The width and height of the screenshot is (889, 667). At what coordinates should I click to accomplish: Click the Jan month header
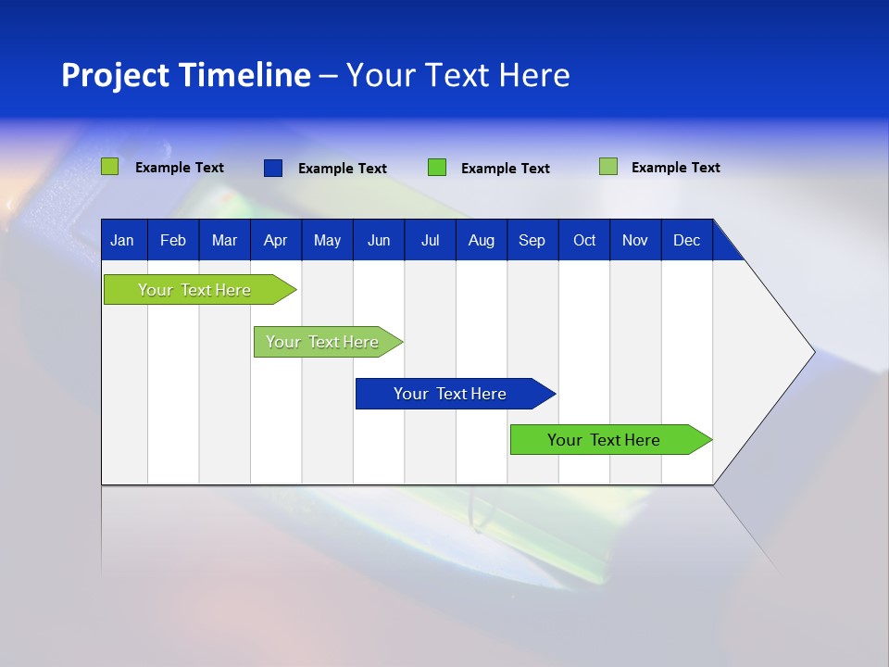pyautogui.click(x=122, y=240)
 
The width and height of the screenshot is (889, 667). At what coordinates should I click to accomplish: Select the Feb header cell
pyautogui.click(x=173, y=240)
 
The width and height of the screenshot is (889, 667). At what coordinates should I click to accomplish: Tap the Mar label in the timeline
pyautogui.click(x=224, y=240)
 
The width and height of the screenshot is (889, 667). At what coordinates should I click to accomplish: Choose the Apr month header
pyautogui.click(x=275, y=240)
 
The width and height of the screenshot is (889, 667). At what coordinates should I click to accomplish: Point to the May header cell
pyautogui.click(x=327, y=240)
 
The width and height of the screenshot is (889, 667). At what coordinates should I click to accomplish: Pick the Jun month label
pyautogui.click(x=379, y=240)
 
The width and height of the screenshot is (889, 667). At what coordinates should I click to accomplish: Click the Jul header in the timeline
pyautogui.click(x=430, y=240)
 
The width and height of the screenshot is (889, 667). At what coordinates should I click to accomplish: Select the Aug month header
pyautogui.click(x=481, y=240)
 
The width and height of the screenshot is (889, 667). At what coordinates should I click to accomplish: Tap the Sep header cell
pyautogui.click(x=532, y=240)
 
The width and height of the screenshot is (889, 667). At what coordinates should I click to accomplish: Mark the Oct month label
pyautogui.click(x=584, y=240)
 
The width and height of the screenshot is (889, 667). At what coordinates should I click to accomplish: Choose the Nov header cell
pyautogui.click(x=635, y=240)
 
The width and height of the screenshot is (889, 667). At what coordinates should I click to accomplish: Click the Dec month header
pyautogui.click(x=686, y=240)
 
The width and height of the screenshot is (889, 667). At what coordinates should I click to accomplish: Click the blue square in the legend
pyautogui.click(x=272, y=168)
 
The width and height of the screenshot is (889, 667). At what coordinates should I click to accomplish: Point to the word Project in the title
pyautogui.click(x=115, y=75)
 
